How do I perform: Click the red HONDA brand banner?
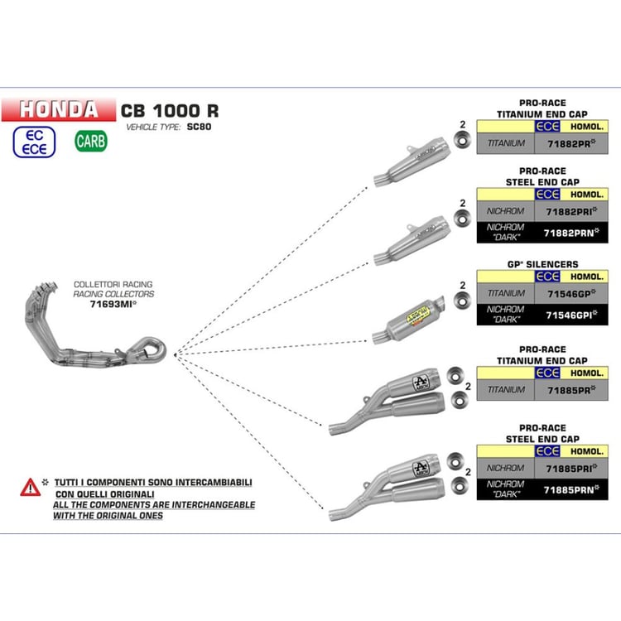pyautogui.click(x=59, y=109)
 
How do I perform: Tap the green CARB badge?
pyautogui.click(x=91, y=141)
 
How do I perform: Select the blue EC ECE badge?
pyautogui.click(x=35, y=142)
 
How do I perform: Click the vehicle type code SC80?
pyautogui.click(x=199, y=127)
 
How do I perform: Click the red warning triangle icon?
pyautogui.click(x=30, y=488)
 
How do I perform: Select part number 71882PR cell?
pyautogui.click(x=571, y=143)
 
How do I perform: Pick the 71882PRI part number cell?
pyautogui.click(x=571, y=211)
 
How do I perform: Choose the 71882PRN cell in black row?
pyautogui.click(x=571, y=233)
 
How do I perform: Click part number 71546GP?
pyautogui.click(x=571, y=293)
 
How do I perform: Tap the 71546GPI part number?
pyautogui.click(x=571, y=315)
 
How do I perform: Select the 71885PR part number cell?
pyautogui.click(x=571, y=390)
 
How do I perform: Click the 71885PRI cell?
pyautogui.click(x=571, y=469)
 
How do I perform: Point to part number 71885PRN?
pyautogui.click(x=571, y=490)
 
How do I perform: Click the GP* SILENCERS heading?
pyautogui.click(x=542, y=264)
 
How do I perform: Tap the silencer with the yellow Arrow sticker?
pyautogui.click(x=408, y=321)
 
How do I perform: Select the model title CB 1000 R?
pyautogui.click(x=170, y=111)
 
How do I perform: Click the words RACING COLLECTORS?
pyautogui.click(x=113, y=294)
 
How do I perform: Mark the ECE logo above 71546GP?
pyautogui.click(x=547, y=277)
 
